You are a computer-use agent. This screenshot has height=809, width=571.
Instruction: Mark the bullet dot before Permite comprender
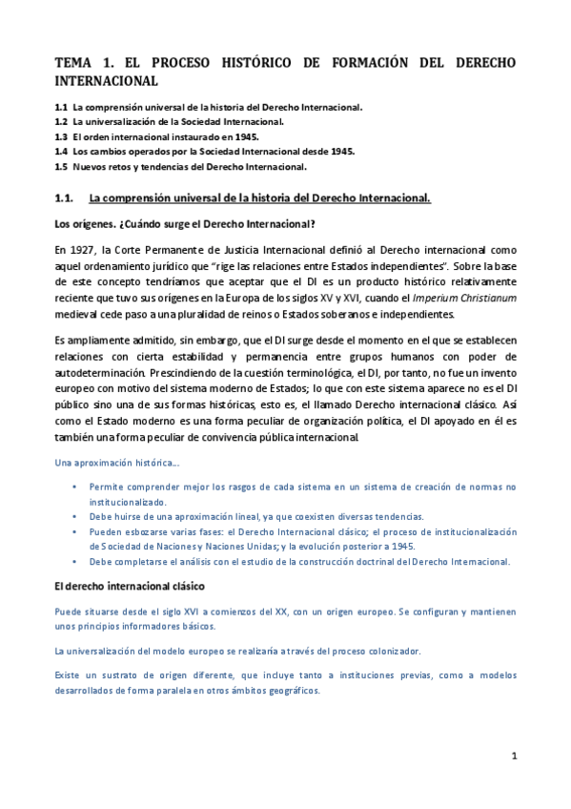[x=75, y=487]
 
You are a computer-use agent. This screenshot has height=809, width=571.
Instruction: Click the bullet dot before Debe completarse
[x=75, y=562]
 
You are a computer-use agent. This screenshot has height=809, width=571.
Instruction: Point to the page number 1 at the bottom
[x=514, y=757]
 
